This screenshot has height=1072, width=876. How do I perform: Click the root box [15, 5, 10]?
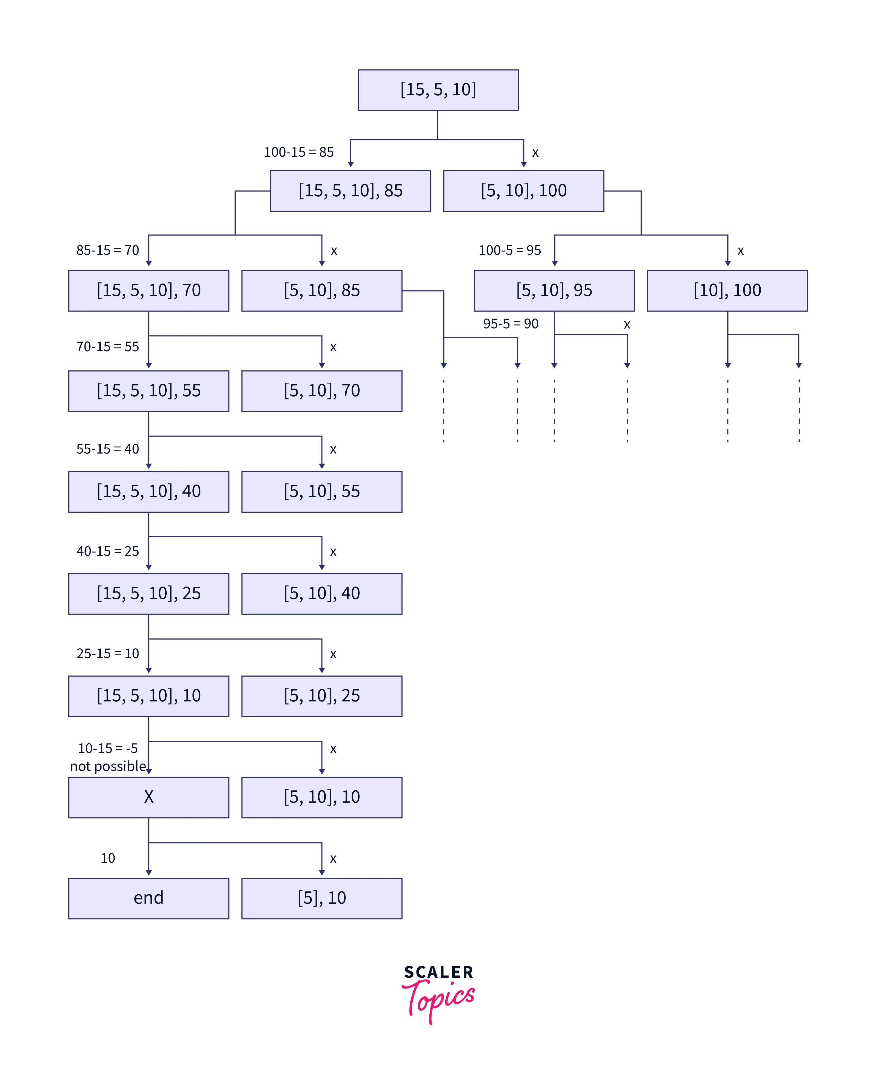[438, 90]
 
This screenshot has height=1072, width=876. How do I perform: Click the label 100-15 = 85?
[299, 152]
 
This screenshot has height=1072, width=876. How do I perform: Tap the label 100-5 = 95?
[510, 250]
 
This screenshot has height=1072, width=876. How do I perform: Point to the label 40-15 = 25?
[107, 551]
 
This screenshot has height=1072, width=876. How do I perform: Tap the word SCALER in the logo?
[438, 972]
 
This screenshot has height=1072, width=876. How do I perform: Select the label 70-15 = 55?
[107, 347]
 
